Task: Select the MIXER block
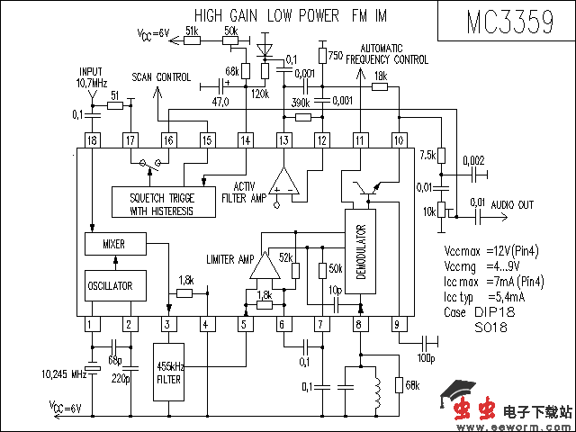click(112, 244)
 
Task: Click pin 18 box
click(92, 139)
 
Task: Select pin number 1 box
click(91, 324)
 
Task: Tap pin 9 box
click(396, 324)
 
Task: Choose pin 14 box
click(245, 139)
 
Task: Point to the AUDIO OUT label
click(513, 205)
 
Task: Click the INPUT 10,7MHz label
click(91, 76)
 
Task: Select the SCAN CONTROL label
click(161, 77)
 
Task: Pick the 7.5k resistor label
click(427, 154)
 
